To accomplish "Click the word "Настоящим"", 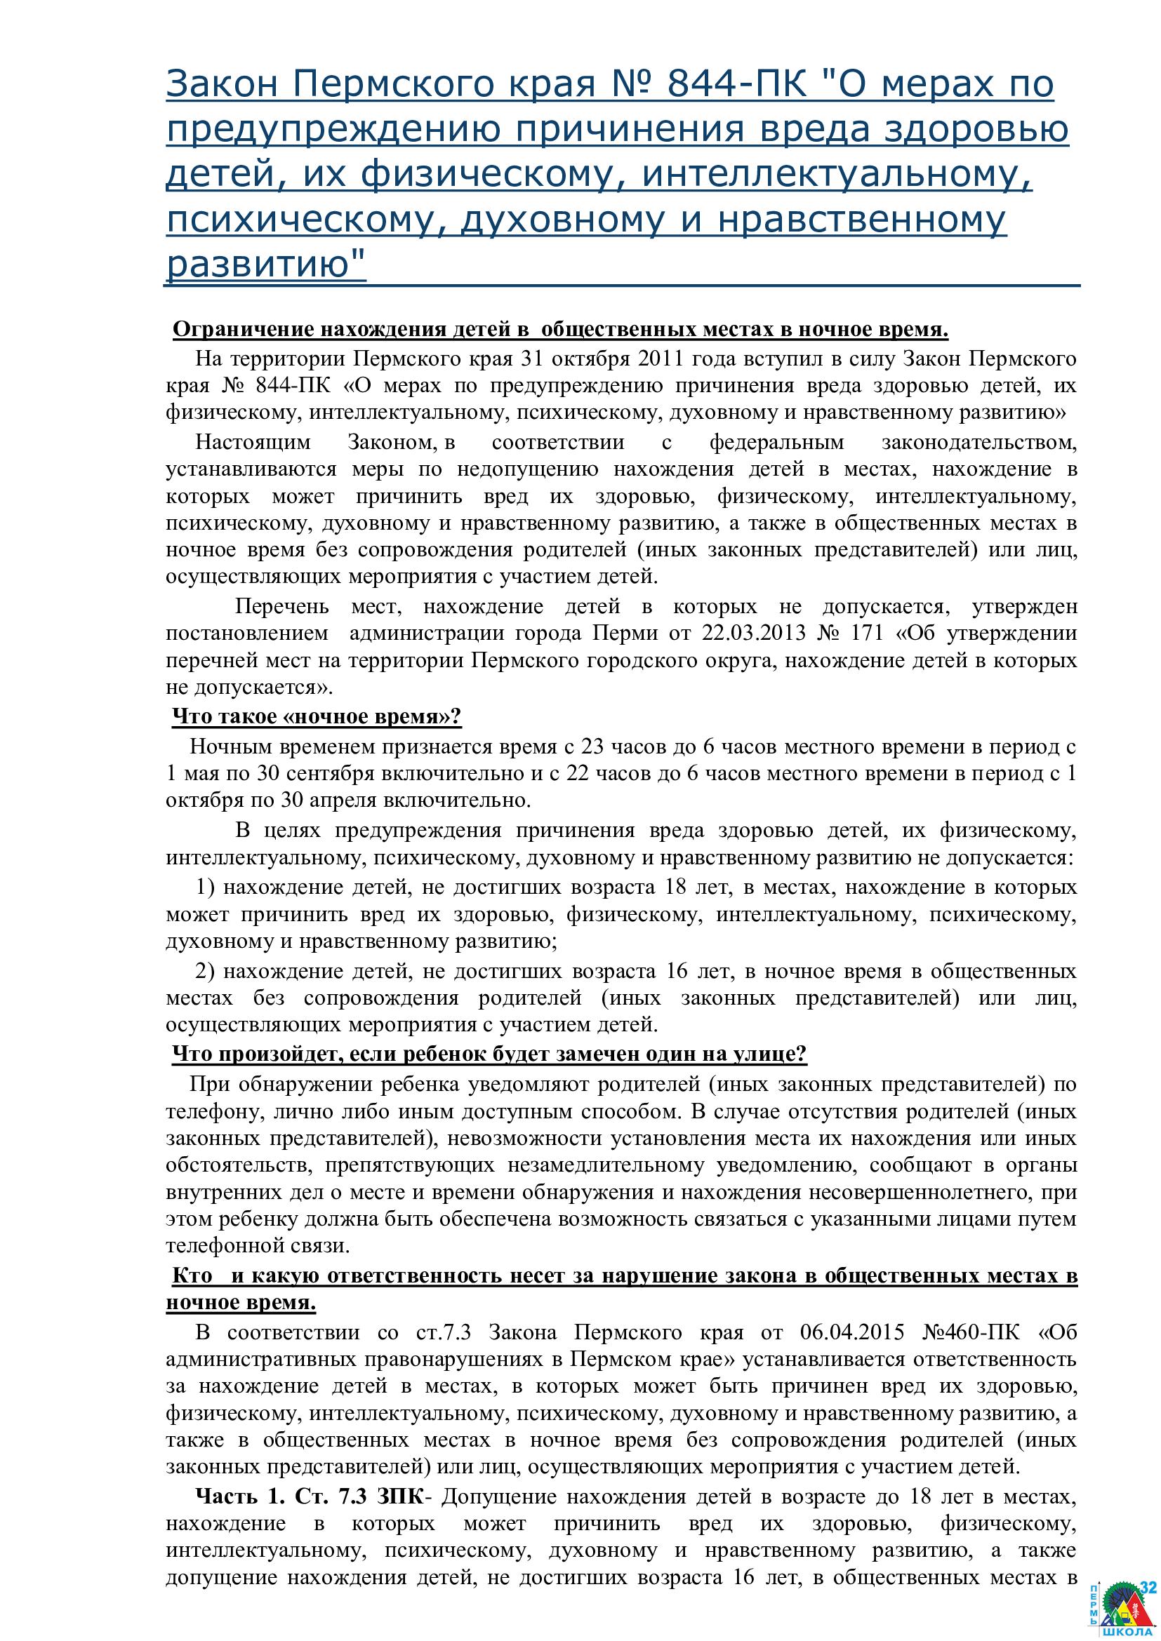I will (253, 442).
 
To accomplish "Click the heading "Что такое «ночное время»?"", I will (317, 716).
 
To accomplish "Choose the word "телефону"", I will (204, 1111).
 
